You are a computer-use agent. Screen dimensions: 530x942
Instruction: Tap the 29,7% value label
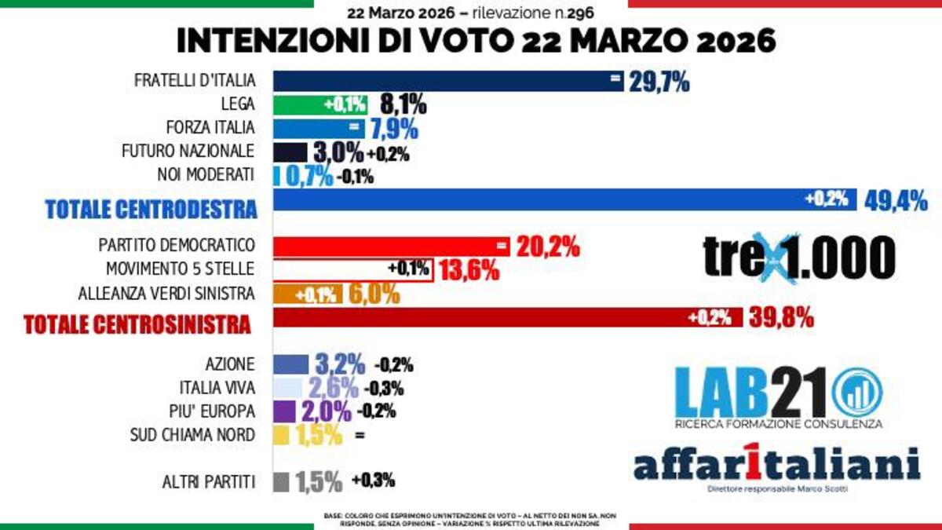[659, 81]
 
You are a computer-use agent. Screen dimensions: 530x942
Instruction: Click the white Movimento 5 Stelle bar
[353, 270]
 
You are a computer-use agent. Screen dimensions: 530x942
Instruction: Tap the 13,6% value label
[469, 271]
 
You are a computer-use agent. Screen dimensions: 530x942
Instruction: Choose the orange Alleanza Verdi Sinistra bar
[307, 294]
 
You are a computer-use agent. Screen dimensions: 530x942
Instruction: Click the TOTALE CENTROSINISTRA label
[137, 323]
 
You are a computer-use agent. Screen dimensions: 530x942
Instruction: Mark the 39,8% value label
[782, 319]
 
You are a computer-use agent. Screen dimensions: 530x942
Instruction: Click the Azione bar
[290, 364]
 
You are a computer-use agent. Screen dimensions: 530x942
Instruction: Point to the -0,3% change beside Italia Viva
[388, 388]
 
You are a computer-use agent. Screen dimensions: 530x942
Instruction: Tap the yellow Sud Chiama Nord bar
[281, 435]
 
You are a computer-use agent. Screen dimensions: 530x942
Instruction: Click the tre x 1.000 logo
[798, 257]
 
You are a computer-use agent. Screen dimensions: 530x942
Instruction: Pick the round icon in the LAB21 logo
[856, 393]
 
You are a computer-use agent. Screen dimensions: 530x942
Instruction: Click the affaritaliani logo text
[776, 465]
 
